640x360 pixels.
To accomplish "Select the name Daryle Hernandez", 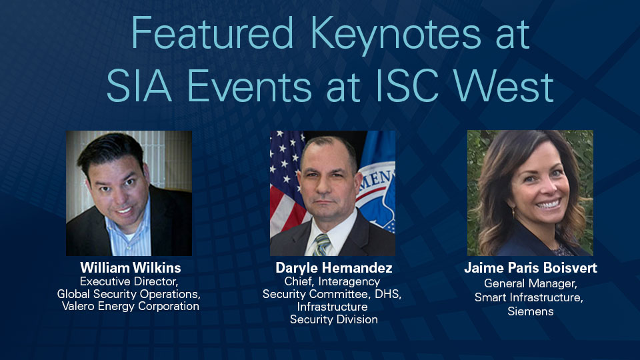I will (333, 268).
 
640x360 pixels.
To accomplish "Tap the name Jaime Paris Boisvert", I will (531, 268).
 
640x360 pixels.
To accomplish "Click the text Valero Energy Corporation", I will (128, 306).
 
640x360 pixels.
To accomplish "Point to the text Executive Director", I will (128, 281).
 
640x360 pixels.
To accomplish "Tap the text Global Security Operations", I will (128, 293).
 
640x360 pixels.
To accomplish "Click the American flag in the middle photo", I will (285, 180).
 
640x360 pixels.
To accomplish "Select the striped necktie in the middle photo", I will (322, 244).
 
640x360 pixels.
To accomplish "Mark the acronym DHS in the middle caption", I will (389, 293).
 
